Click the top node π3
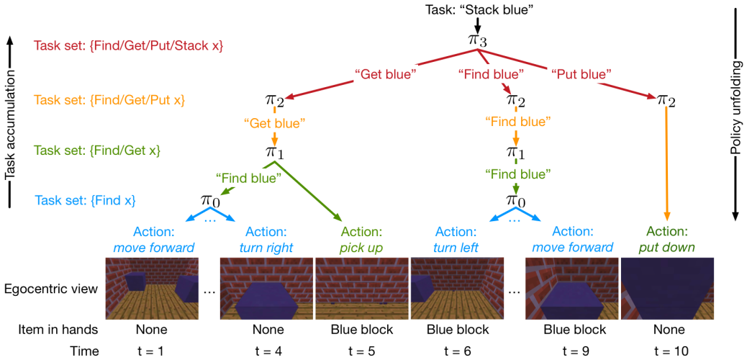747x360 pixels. point(478,40)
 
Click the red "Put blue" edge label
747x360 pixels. point(581,73)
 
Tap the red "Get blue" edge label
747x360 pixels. point(384,73)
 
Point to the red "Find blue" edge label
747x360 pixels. point(490,73)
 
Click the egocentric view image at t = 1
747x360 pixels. point(151,289)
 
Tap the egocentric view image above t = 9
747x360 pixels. point(572,289)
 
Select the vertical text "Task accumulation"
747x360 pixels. point(10,126)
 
